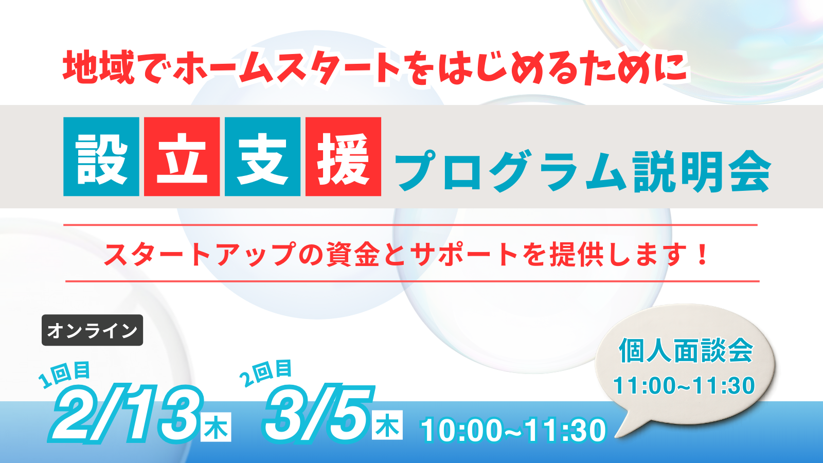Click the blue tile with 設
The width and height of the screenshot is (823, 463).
point(101,157)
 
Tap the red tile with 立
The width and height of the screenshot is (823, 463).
point(182,157)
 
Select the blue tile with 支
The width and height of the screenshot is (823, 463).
point(262,157)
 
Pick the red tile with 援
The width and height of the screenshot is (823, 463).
point(343,157)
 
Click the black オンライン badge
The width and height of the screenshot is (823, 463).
point(92,330)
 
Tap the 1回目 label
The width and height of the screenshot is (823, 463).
point(64,374)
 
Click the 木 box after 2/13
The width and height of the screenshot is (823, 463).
point(216,427)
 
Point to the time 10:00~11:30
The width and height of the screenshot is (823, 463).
point(513,430)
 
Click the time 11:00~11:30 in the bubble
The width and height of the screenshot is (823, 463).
point(684,385)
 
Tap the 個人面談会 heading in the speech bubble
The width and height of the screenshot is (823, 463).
point(686,351)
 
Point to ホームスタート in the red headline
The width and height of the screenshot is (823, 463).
point(287,68)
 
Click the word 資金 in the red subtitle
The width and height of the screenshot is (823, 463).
point(353,254)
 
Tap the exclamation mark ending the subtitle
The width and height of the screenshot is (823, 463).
point(702,254)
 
